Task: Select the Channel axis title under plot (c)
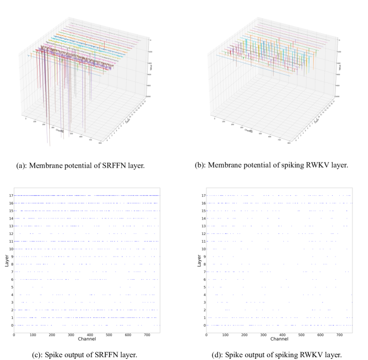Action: [x=86, y=338]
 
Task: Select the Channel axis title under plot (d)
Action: [x=279, y=338]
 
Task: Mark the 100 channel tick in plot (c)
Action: [x=33, y=333]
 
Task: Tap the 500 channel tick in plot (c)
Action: [x=109, y=333]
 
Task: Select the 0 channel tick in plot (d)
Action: [x=206, y=333]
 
